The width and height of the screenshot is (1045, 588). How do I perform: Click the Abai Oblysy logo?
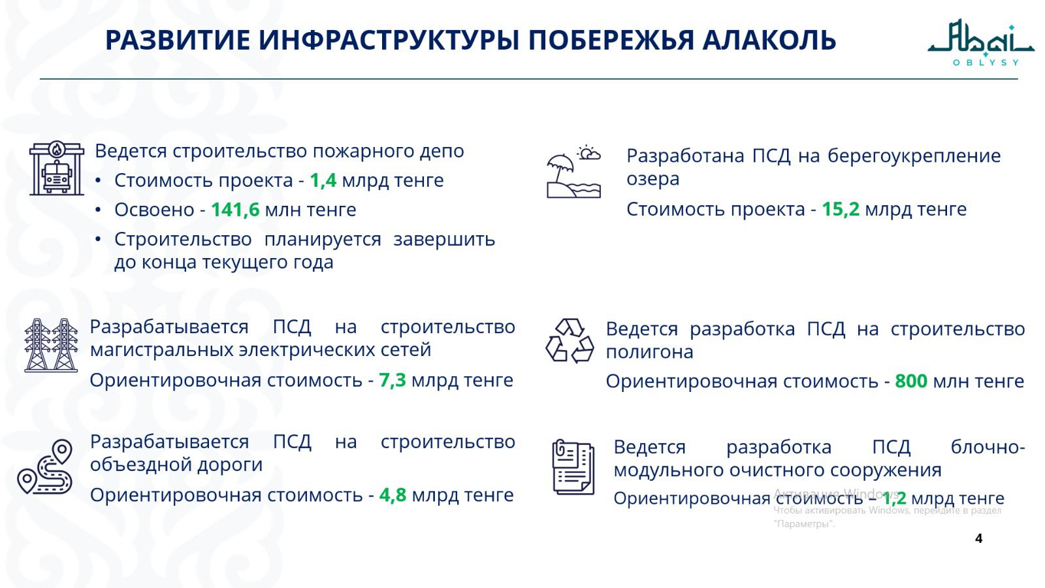tap(980, 42)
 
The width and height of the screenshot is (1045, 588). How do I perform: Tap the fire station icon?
tap(57, 169)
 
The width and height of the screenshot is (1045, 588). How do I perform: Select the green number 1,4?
tap(323, 180)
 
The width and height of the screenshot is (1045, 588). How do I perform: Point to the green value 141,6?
tap(234, 210)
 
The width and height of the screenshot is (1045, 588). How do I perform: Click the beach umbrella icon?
tap(573, 172)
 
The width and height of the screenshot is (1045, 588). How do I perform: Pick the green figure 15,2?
tap(840, 209)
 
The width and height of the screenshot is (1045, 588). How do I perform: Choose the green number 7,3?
tap(392, 380)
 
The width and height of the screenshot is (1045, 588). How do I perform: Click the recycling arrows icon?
tap(570, 340)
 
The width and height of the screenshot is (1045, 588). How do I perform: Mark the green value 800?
tap(910, 381)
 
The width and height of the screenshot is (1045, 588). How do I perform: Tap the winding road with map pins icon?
tap(45, 467)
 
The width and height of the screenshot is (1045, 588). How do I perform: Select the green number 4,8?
tap(393, 495)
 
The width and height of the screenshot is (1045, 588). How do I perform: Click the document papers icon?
tap(573, 466)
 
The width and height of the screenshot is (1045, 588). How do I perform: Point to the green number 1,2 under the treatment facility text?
tap(894, 498)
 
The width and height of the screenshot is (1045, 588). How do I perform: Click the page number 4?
tap(978, 538)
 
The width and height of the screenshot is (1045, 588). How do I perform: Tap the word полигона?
tap(649, 351)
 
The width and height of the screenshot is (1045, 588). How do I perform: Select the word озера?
tap(652, 179)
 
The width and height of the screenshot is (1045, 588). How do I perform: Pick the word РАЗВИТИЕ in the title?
tap(177, 41)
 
